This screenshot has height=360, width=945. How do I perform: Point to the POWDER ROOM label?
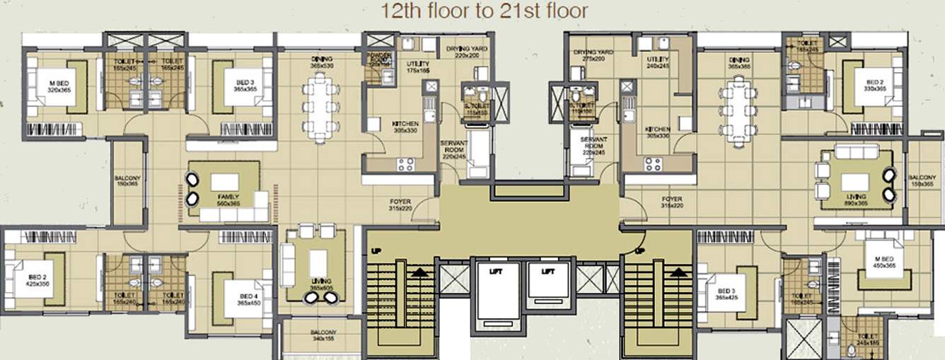[x=374, y=59]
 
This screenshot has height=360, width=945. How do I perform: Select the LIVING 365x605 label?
[x=320, y=285]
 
